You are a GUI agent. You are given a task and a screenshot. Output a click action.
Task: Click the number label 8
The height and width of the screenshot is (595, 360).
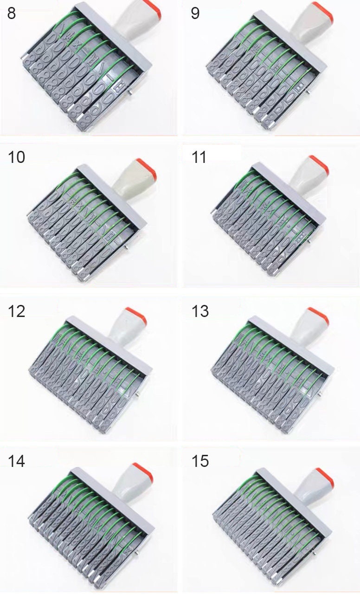coord(12,13)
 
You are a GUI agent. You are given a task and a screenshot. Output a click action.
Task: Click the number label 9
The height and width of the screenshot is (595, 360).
coord(195,13)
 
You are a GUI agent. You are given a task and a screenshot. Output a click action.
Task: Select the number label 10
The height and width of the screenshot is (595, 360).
coord(16,157)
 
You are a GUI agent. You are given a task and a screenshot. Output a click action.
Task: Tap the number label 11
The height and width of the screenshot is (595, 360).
coord(199,157)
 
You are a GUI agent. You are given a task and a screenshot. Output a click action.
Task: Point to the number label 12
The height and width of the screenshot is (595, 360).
coord(16,311)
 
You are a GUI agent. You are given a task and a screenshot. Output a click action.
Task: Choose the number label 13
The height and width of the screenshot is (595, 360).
coord(200,311)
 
